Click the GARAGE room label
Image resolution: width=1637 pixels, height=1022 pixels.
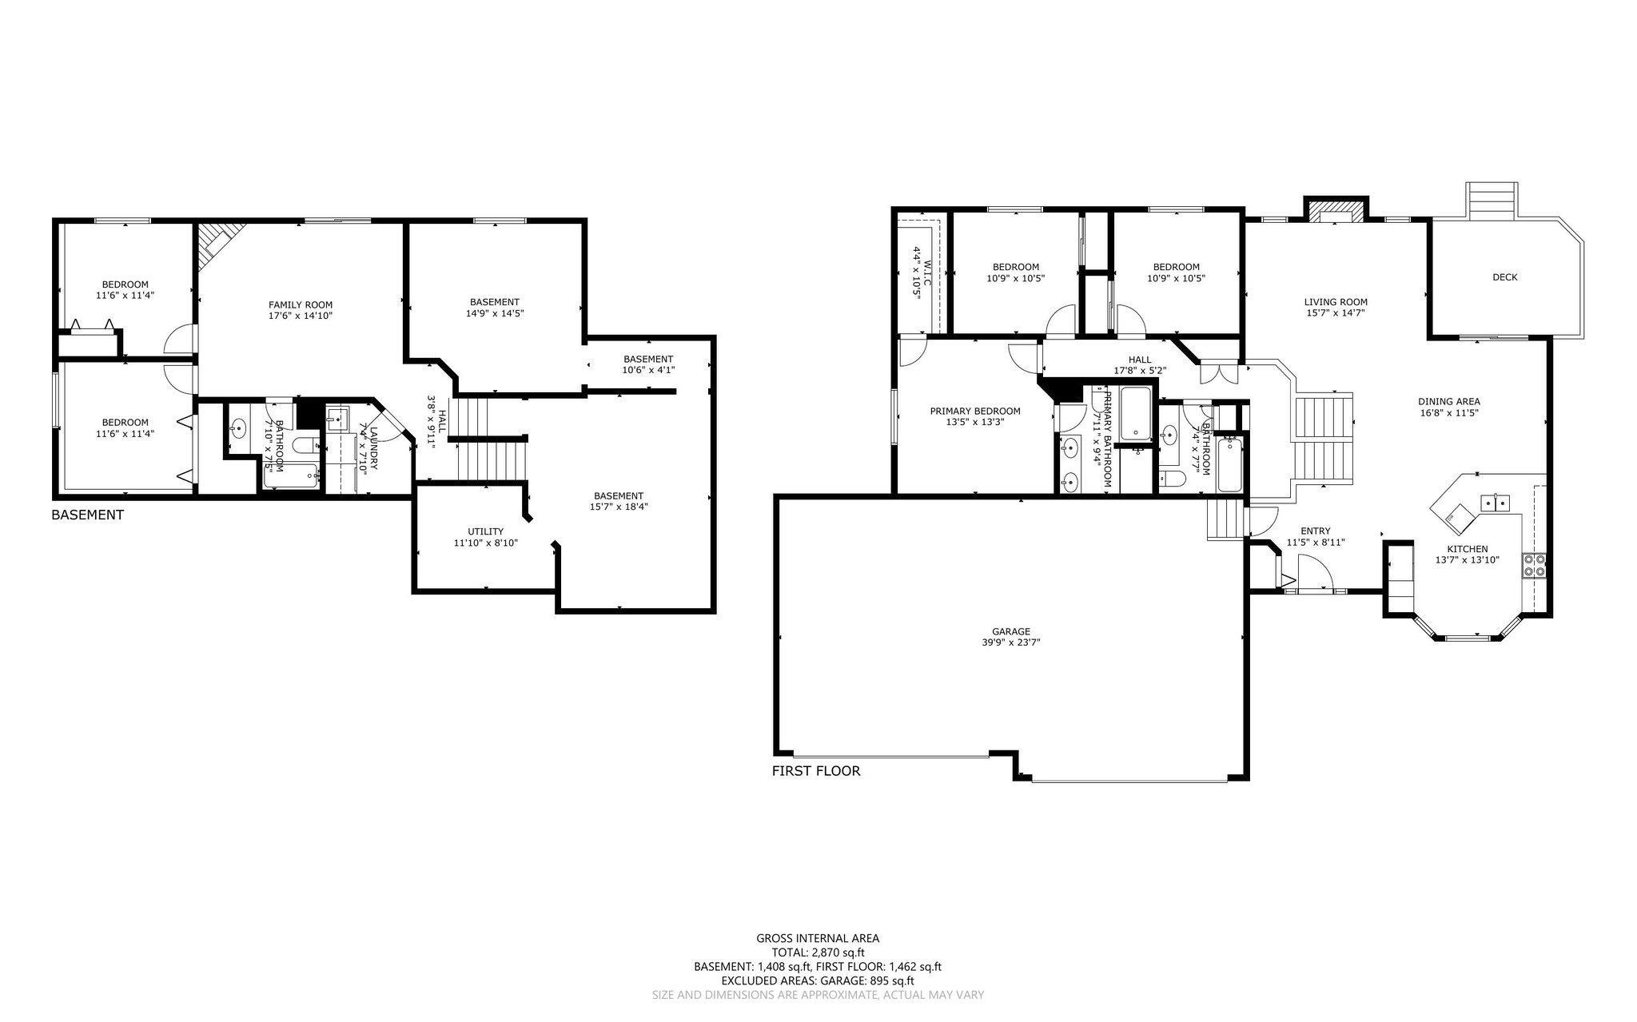coord(1017,630)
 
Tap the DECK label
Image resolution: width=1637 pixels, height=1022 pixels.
coord(1504,277)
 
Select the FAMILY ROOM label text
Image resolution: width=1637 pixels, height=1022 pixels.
coord(300,304)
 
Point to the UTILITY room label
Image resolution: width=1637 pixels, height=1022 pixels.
coord(485,531)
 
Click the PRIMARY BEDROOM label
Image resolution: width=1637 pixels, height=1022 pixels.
coord(974,411)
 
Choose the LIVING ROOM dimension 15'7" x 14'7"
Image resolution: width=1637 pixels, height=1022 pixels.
coord(1336,313)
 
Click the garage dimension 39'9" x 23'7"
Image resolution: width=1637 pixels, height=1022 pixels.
coord(1017,642)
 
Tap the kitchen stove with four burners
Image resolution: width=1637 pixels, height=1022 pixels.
coord(1534,565)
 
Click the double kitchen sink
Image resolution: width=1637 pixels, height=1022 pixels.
coord(1494,503)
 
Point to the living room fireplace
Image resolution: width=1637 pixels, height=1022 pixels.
coord(1335,211)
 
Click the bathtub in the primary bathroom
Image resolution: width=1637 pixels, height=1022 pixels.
coord(1135,414)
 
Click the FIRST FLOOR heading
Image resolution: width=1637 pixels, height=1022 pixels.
coord(815,771)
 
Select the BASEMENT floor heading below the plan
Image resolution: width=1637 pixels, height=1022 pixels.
coord(87,515)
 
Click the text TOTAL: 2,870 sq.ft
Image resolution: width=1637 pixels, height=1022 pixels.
coord(818,952)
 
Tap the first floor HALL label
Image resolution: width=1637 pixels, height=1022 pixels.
coord(1140,360)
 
